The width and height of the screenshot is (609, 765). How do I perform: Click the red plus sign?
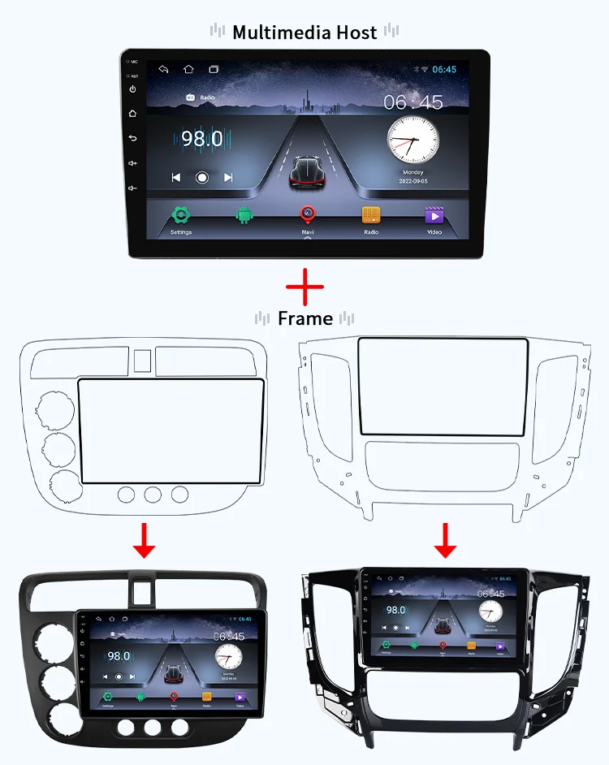304,286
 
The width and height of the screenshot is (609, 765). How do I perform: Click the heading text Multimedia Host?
304,32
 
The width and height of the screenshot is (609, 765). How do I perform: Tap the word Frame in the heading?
304,318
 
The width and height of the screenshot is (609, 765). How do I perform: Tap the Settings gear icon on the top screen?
180,215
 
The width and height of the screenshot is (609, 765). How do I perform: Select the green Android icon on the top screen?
244,215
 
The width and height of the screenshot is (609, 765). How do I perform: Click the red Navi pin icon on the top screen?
307,214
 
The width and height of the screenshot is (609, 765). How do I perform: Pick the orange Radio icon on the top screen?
370,215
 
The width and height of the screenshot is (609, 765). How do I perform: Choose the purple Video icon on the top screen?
434,215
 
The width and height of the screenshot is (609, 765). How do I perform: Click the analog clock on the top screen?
412,140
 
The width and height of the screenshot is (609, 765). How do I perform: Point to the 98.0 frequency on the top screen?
201,139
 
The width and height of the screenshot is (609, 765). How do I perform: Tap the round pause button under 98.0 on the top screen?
202,177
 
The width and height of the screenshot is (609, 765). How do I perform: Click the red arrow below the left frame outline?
145,539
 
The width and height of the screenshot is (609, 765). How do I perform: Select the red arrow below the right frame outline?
444,539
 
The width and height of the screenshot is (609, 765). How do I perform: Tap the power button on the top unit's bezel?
132,89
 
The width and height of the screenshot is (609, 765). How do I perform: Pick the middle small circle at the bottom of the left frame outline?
153,494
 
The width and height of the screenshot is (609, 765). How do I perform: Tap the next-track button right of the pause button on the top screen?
228,177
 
